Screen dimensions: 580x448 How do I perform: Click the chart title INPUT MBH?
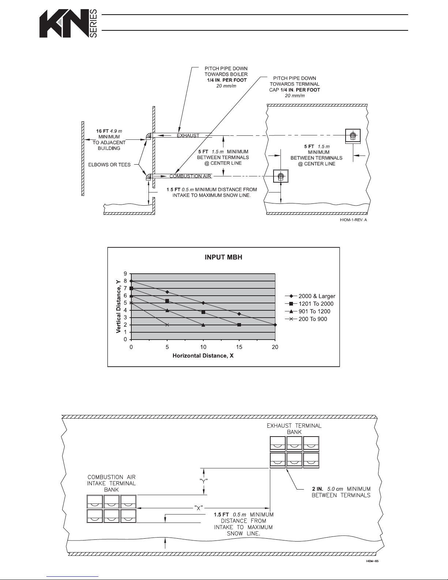223,257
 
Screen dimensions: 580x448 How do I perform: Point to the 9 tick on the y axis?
125,274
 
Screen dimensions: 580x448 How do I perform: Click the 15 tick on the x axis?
239,347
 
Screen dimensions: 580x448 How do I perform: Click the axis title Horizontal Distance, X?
203,356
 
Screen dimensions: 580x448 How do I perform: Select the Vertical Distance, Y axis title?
119,306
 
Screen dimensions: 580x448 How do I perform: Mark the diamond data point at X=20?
275,325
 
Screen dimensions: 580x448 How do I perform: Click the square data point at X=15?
239,325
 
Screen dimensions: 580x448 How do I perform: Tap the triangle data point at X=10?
203,325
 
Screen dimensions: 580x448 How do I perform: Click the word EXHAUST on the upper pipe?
188,135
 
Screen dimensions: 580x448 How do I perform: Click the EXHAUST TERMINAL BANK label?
294,429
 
